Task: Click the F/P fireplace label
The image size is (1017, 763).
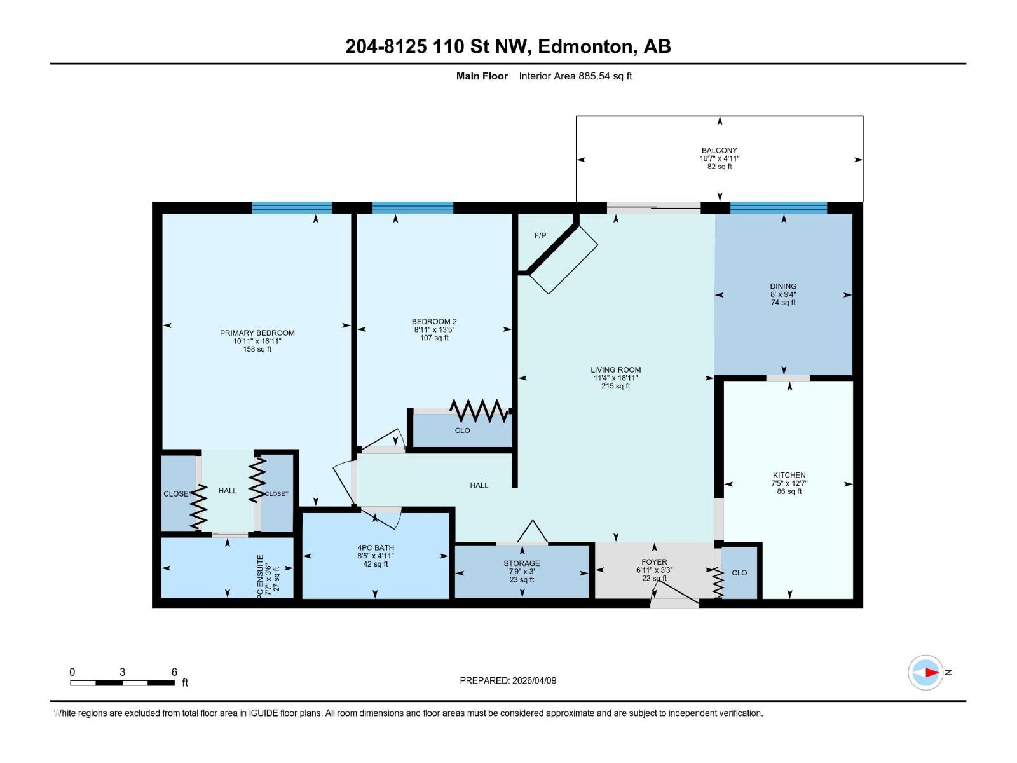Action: click(x=540, y=235)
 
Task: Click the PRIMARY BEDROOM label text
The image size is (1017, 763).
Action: click(x=257, y=333)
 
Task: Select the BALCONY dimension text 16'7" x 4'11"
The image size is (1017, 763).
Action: click(x=719, y=158)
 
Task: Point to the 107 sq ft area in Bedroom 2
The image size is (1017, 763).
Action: click(x=434, y=338)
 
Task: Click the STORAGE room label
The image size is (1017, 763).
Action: click(x=521, y=563)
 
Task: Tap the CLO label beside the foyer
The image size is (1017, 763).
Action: click(x=739, y=572)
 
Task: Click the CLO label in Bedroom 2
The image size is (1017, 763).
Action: click(x=462, y=430)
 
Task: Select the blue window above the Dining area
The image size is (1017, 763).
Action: click(x=778, y=207)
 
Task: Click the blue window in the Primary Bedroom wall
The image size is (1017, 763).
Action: click(x=292, y=207)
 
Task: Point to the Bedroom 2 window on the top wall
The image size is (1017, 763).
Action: click(x=413, y=207)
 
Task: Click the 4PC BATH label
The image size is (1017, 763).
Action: click(x=375, y=547)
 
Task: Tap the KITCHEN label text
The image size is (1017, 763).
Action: click(x=789, y=475)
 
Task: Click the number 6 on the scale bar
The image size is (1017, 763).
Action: click(x=174, y=672)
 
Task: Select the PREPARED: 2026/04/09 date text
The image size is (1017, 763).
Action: click(x=508, y=680)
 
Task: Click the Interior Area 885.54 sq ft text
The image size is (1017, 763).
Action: click(x=575, y=76)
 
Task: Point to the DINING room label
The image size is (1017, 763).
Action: click(x=782, y=286)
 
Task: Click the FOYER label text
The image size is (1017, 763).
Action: click(x=654, y=562)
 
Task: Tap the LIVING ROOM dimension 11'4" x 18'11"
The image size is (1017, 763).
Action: click(x=615, y=378)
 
